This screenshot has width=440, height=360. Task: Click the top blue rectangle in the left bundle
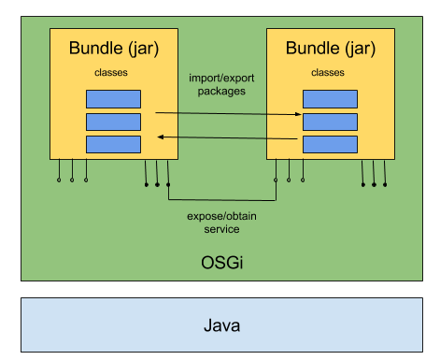tap(113, 98)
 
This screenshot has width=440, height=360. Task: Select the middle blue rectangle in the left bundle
tap(113, 122)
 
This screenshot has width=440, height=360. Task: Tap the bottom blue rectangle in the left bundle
tap(113, 144)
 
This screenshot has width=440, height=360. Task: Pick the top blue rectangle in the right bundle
tap(330, 98)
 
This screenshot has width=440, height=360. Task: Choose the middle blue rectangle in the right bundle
tap(330, 122)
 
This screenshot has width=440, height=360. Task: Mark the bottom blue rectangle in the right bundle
tap(330, 144)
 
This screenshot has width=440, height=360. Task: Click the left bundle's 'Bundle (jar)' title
tap(113, 47)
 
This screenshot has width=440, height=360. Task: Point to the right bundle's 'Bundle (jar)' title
tap(330, 47)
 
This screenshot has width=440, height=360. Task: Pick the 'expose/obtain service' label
tap(221, 223)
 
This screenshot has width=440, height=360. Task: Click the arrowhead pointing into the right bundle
tap(298, 115)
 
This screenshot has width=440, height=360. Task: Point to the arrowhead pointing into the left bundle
tap(160, 137)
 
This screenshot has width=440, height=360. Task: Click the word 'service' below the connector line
tap(221, 229)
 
